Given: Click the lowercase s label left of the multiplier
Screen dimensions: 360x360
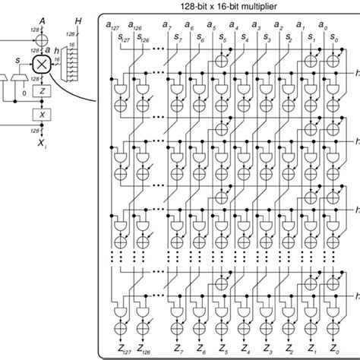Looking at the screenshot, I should [x=20, y=59].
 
